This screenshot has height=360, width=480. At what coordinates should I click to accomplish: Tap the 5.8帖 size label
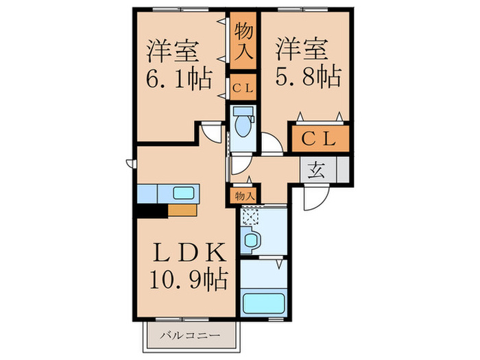pos(308,77)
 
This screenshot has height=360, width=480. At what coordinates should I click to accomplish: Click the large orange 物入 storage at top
pos(243,43)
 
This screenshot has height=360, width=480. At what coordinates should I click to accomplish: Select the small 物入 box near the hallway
pos(245,195)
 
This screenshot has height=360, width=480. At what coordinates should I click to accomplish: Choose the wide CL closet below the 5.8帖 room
pos(320,139)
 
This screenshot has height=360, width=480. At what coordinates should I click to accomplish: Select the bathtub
pos(265,302)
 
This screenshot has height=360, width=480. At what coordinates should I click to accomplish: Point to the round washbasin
pos(252,241)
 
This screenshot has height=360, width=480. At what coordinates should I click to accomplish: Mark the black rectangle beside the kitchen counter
pos(152,211)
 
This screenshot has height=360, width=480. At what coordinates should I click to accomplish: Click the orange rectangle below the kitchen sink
pos(183,211)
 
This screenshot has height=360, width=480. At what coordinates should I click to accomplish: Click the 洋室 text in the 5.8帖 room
pos(301,50)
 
